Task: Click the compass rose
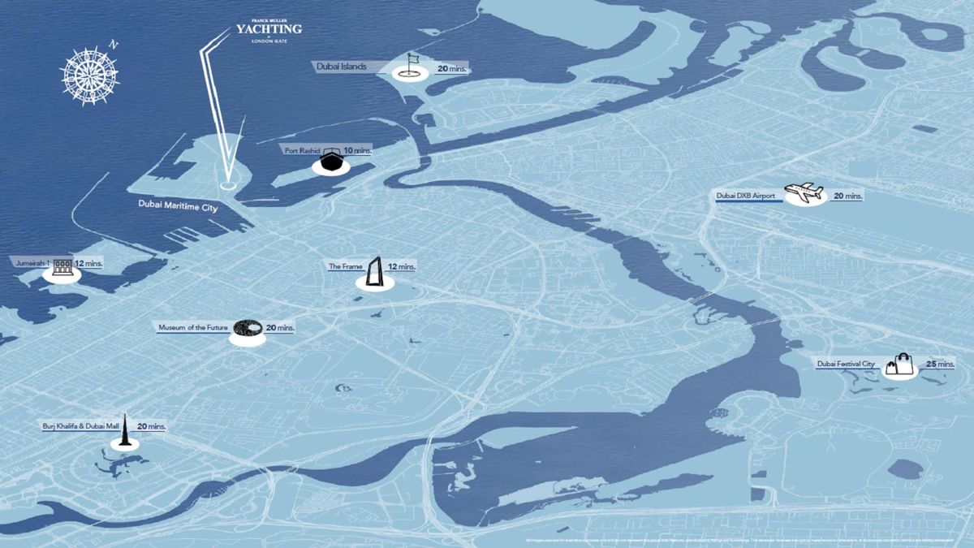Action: [x=90, y=76]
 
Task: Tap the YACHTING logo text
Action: [x=269, y=29]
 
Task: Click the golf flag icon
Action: [x=411, y=63]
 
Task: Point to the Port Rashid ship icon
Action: [x=330, y=161]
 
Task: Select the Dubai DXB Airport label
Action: [x=747, y=196]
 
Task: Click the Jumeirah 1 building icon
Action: [x=62, y=265]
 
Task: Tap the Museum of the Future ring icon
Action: [x=247, y=328]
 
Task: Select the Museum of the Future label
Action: [x=194, y=327]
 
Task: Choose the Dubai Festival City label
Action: [x=846, y=365]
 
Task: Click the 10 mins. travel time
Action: [x=358, y=151]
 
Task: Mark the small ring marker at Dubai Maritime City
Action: [x=228, y=184]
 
